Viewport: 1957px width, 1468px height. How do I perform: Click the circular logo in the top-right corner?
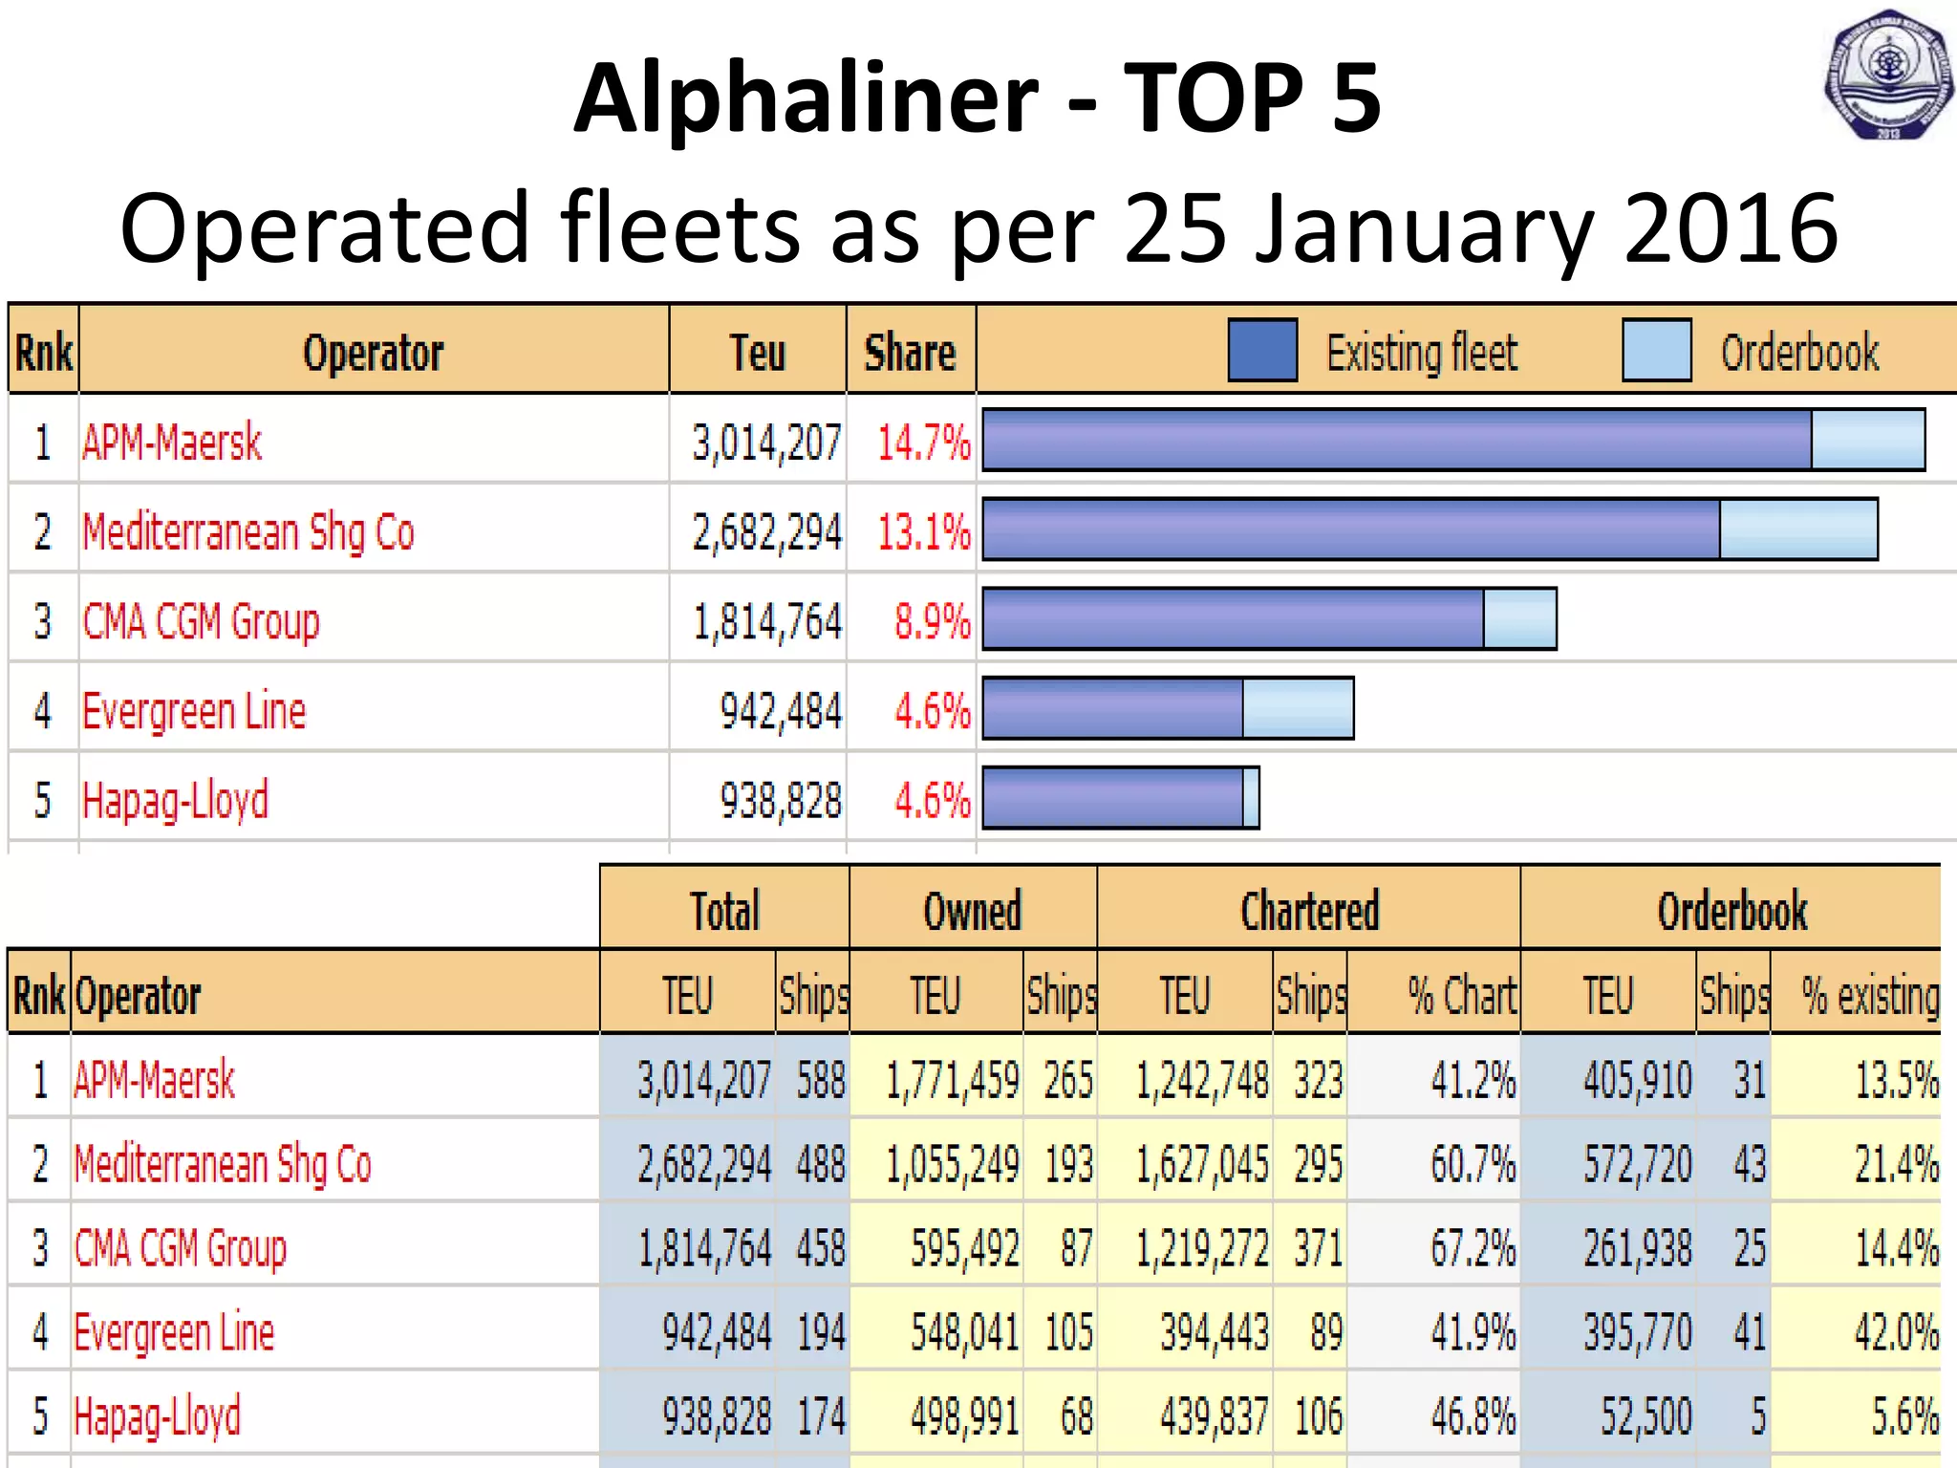[x=1888, y=76]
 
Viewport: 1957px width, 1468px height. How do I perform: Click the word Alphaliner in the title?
[x=806, y=97]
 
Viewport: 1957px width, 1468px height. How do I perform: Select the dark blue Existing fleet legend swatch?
[x=1262, y=351]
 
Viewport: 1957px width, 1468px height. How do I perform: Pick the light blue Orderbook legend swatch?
[x=1656, y=351]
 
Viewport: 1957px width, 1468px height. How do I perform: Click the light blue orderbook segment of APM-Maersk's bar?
[x=1867, y=440]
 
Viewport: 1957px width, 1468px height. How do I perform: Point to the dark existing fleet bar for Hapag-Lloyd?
[x=1112, y=798]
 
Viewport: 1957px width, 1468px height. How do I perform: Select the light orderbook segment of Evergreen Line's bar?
[x=1298, y=708]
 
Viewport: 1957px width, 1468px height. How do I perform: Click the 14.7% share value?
[x=923, y=443]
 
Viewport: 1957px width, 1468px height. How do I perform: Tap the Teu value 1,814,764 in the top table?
[x=767, y=622]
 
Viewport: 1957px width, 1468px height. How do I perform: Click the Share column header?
[x=910, y=353]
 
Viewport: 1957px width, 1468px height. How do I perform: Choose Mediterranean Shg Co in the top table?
[x=248, y=532]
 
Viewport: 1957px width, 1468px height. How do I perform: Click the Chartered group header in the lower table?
[x=1309, y=910]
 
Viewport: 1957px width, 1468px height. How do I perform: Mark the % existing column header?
[x=1869, y=996]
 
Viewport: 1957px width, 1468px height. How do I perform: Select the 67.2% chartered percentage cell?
[x=1472, y=1248]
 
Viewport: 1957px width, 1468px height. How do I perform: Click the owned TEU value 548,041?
[x=964, y=1332]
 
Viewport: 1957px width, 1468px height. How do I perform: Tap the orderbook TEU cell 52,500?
[x=1645, y=1416]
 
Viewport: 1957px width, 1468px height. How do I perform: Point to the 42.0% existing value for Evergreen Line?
[x=1896, y=1332]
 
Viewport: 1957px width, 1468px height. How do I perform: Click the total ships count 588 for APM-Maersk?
[x=821, y=1081]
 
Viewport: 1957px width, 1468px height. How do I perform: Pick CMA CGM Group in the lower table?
[x=181, y=1248]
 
